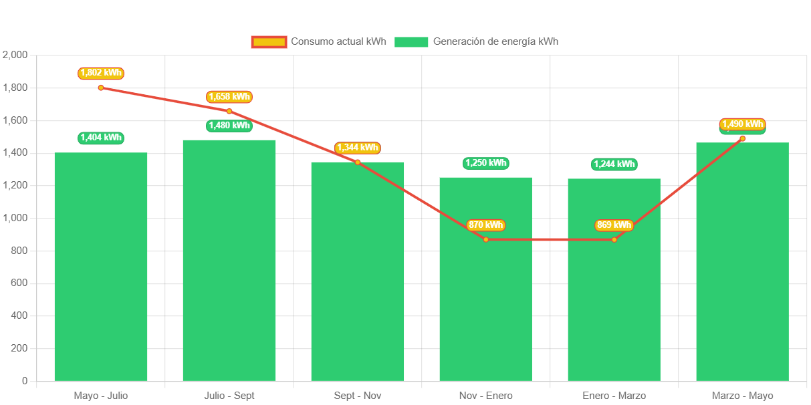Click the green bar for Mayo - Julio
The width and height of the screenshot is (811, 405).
click(x=101, y=267)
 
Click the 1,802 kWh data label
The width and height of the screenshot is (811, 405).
click(x=101, y=73)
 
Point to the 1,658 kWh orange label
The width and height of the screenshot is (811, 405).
click(x=229, y=97)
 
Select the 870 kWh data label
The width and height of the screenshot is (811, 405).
click(x=485, y=225)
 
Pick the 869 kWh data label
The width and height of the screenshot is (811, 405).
click(x=614, y=225)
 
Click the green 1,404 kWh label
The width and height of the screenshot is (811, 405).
click(x=101, y=138)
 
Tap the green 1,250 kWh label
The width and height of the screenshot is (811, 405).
click(x=485, y=163)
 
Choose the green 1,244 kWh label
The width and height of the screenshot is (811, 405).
click(x=614, y=164)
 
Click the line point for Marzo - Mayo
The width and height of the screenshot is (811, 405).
click(x=742, y=138)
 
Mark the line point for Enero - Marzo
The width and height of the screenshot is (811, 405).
click(x=614, y=239)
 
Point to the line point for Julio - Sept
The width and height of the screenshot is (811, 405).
click(x=229, y=111)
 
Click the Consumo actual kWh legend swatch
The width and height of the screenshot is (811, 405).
click(x=269, y=41)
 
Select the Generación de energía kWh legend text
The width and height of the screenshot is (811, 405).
click(x=495, y=41)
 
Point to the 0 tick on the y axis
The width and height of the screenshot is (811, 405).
click(x=25, y=381)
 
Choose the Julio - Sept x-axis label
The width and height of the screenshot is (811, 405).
click(x=229, y=396)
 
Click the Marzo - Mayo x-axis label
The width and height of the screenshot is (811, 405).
click(x=742, y=396)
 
